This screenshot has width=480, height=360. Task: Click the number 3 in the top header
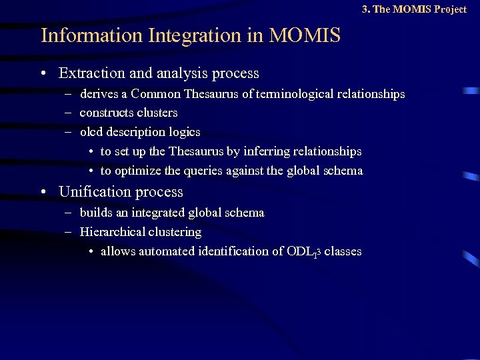coord(365,9)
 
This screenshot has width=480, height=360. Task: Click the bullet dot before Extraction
coord(43,73)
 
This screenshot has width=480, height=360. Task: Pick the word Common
coord(156,95)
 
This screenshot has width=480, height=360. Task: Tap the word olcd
coord(91,132)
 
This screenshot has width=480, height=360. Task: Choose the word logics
coord(184,132)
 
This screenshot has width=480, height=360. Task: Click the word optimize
coord(138,171)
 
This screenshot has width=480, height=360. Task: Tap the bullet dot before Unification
coord(43,192)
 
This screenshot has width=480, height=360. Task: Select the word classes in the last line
coord(343,251)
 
